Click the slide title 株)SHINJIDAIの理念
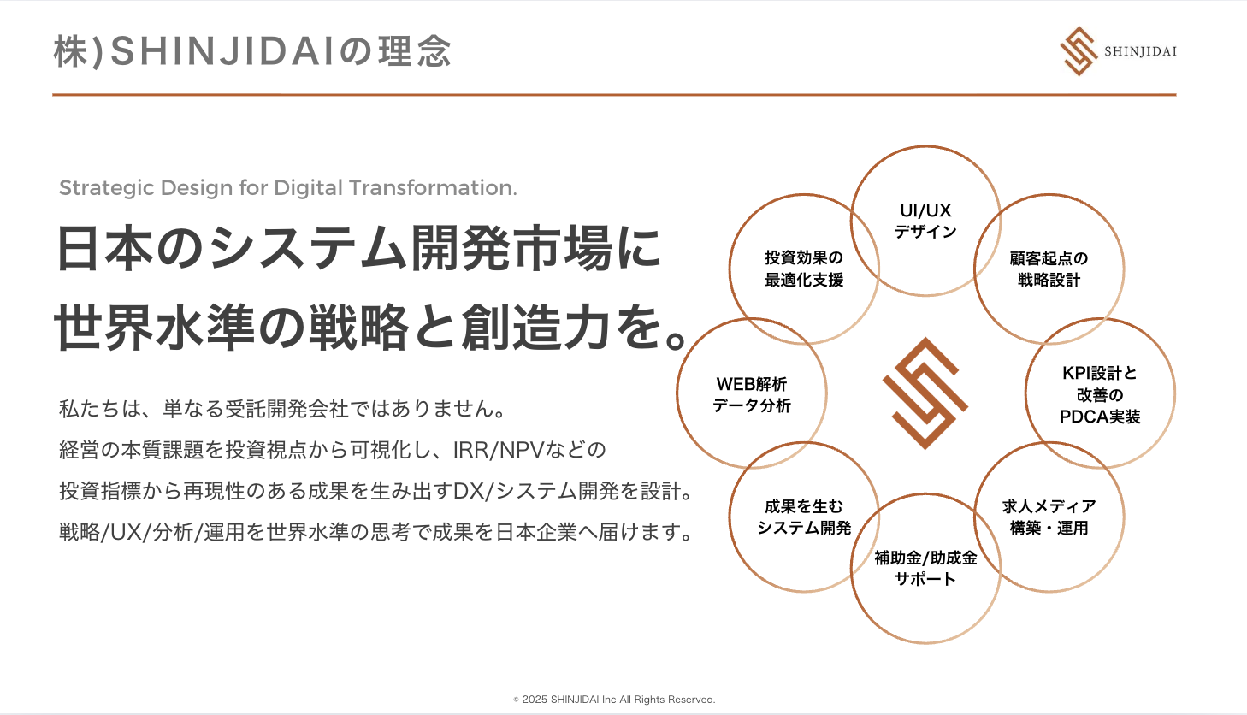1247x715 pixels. (252, 51)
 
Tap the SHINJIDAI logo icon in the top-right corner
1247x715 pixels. (1079, 51)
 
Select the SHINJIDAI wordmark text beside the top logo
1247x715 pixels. (1140, 51)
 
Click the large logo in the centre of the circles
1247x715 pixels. (925, 393)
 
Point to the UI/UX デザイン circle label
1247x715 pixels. (925, 221)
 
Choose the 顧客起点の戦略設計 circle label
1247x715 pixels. (1049, 269)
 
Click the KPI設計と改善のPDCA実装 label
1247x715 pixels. (1100, 394)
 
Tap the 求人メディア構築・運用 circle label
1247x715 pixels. (1049, 517)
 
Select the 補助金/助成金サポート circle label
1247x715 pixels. (925, 568)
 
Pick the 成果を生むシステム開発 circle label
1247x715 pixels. (804, 517)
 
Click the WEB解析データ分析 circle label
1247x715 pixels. (752, 394)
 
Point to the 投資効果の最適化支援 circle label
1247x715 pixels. (804, 269)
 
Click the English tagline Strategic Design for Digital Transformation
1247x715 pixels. (287, 188)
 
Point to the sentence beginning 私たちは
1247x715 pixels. (282, 409)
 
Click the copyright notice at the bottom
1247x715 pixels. (614, 700)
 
